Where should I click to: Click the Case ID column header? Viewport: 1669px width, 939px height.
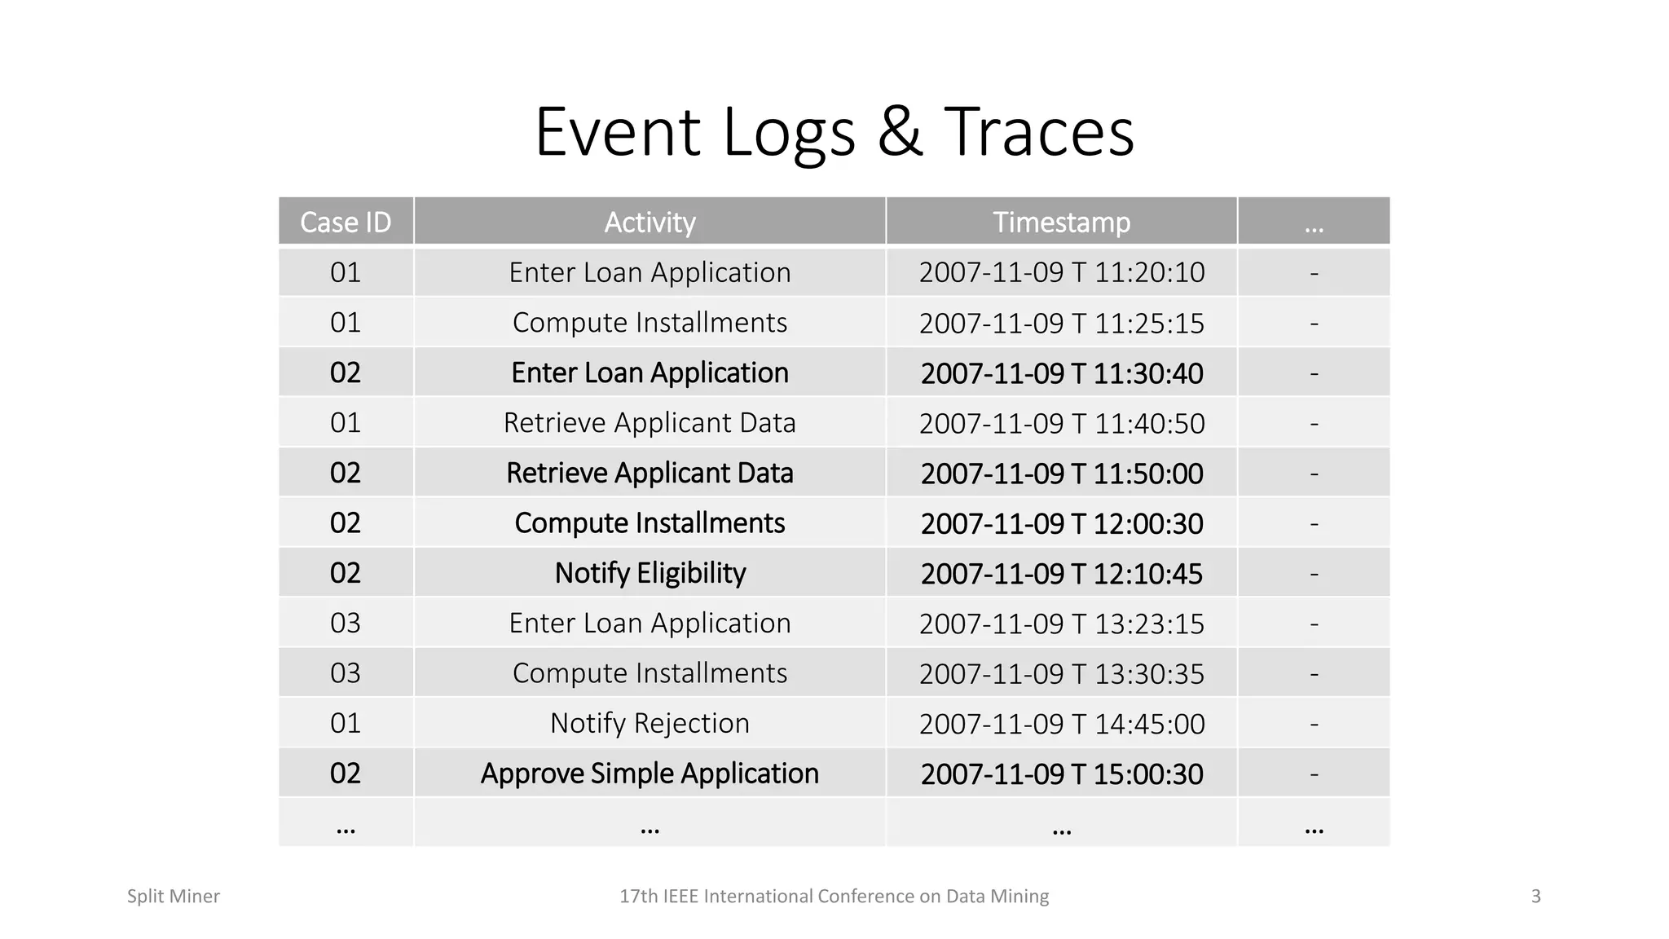click(346, 222)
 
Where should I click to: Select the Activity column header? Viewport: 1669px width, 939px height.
click(650, 222)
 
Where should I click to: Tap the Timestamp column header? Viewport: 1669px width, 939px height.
click(1061, 222)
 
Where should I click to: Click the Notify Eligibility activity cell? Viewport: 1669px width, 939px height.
click(650, 573)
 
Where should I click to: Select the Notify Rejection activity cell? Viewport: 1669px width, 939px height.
click(650, 723)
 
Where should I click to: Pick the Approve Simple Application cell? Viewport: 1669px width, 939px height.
click(650, 773)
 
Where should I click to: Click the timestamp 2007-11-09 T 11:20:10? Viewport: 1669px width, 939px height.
click(1061, 272)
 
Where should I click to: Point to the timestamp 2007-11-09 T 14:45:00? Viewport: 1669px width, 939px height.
click(1061, 724)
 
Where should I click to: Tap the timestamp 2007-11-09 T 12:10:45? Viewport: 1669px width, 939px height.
click(1061, 574)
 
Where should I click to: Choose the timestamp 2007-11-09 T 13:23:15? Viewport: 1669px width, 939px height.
click(1061, 624)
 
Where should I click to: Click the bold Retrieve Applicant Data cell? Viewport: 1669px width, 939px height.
click(650, 473)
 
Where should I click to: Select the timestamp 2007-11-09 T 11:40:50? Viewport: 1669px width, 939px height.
click(1061, 423)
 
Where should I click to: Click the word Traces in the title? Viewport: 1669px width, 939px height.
click(1038, 131)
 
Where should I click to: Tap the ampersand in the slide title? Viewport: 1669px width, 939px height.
click(900, 131)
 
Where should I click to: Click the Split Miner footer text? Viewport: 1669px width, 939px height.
click(173, 897)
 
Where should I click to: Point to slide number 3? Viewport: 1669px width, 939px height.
click(1535, 897)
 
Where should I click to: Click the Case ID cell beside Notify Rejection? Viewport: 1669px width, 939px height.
click(346, 723)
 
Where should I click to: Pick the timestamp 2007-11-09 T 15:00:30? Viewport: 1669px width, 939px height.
click(1061, 774)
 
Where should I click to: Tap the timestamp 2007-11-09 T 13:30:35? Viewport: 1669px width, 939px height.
click(1061, 673)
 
